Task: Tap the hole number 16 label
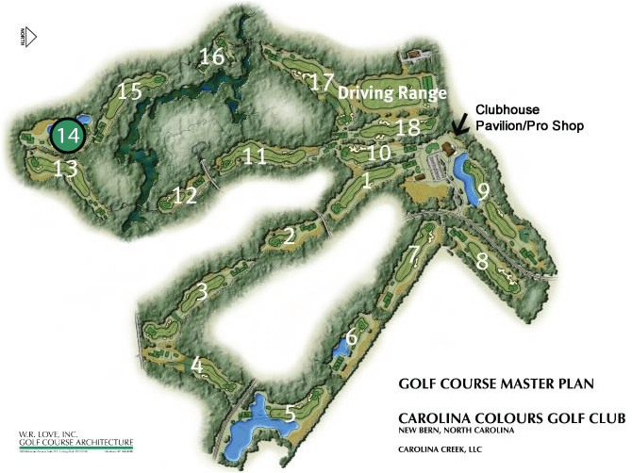pos(212,57)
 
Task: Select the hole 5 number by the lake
pos(290,413)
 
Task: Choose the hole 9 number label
pos(482,192)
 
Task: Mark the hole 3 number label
pos(200,292)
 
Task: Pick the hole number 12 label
pos(185,196)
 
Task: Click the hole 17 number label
pos(323,82)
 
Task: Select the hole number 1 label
pos(366,187)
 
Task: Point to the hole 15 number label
pos(129,91)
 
